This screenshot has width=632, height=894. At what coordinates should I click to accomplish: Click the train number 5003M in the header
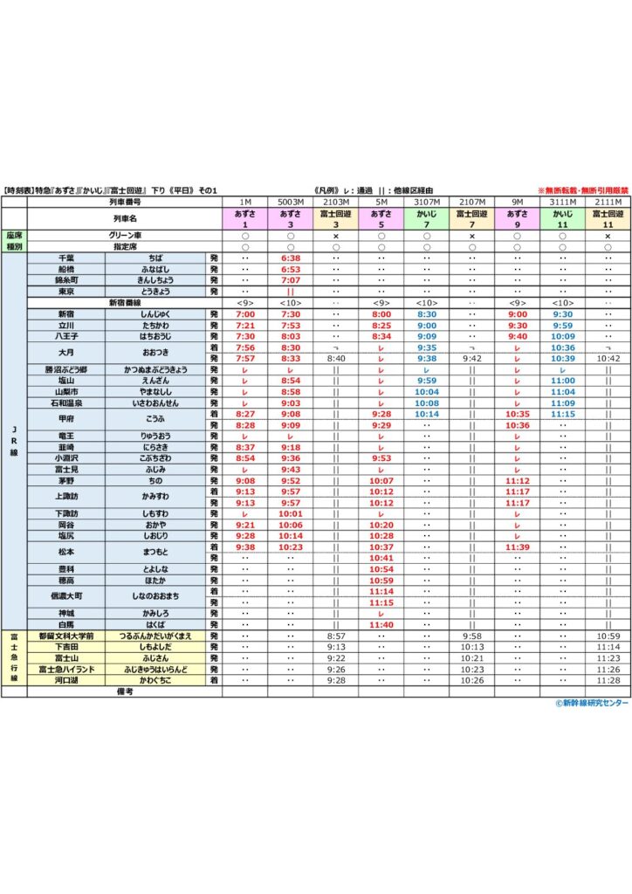point(291,201)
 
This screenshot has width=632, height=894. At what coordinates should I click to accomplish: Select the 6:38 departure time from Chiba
point(291,258)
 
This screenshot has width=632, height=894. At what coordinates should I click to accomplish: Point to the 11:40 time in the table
point(381,625)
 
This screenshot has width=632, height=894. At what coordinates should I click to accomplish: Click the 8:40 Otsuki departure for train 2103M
point(336,358)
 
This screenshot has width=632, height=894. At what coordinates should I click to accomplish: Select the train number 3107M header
point(427,201)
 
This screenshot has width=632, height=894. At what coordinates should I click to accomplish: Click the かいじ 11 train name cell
point(562,218)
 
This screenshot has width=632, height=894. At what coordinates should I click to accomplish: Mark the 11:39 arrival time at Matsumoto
point(518,547)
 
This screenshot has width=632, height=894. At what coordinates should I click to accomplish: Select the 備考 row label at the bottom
point(125,691)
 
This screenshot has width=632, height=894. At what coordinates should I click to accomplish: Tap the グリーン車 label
point(125,236)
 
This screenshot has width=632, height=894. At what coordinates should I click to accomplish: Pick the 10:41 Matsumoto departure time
point(381,557)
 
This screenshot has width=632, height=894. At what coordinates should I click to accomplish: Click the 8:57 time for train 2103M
point(336,636)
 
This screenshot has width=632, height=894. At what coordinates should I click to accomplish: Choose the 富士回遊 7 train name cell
point(472,218)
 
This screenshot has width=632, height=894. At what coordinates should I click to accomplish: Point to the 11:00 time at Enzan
point(562,381)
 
